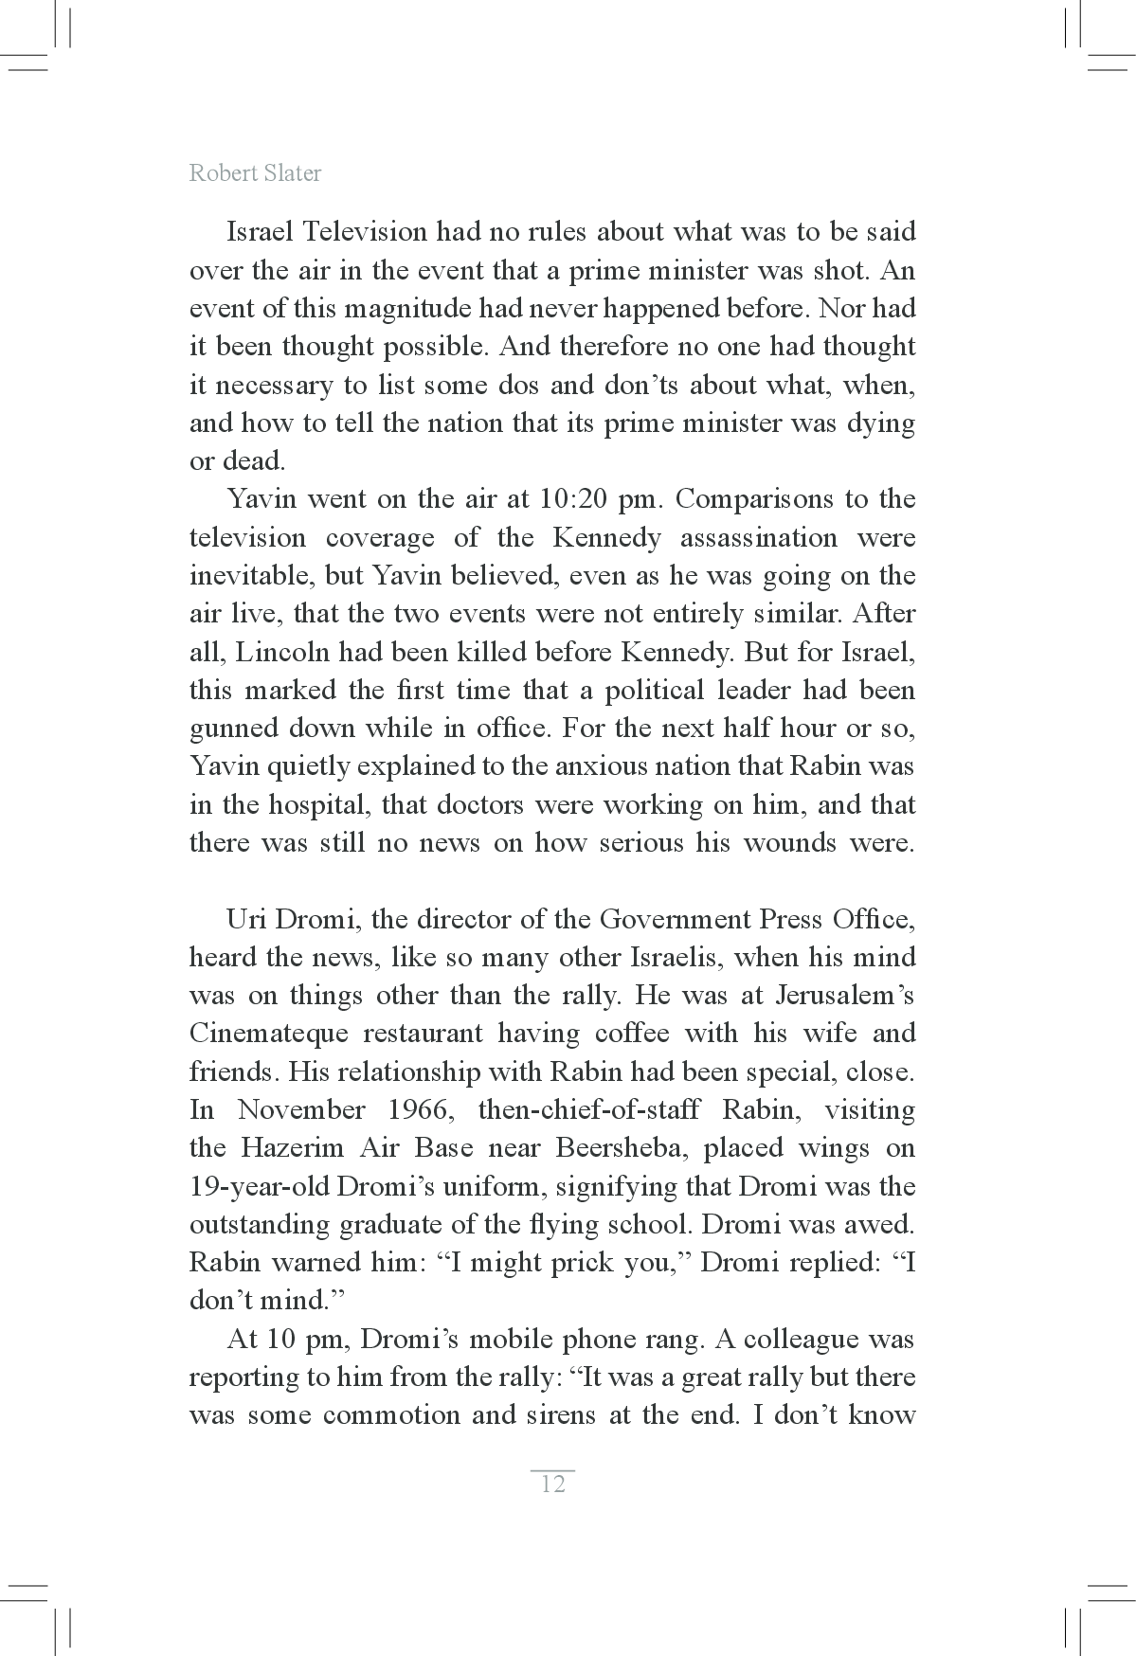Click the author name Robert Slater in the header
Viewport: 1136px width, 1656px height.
[255, 173]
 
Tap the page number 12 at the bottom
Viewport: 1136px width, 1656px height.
[552, 1484]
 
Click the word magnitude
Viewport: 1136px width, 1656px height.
[403, 309]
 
